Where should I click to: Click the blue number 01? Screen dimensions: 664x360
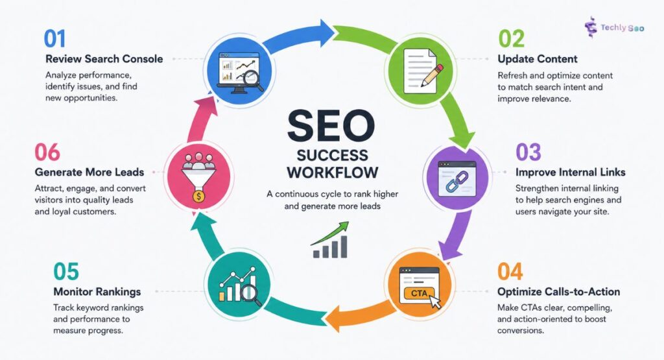[x=54, y=38]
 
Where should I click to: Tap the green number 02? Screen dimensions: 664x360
[x=511, y=38]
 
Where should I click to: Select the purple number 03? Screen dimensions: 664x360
[x=528, y=152]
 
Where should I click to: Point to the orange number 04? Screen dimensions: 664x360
[x=510, y=272]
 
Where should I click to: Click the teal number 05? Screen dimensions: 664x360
[x=66, y=272]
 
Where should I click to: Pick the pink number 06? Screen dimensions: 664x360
[x=47, y=152]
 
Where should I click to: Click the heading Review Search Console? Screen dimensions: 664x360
[x=104, y=59]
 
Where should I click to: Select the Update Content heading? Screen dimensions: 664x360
[x=538, y=59]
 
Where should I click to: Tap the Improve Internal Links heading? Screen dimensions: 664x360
[x=571, y=173]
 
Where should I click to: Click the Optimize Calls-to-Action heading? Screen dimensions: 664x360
[x=558, y=292]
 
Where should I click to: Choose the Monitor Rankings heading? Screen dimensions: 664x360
[x=97, y=292]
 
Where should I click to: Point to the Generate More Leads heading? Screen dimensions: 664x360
[x=89, y=173]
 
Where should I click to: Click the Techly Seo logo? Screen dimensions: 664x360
[x=615, y=27]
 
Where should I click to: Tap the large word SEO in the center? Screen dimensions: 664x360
[x=331, y=126]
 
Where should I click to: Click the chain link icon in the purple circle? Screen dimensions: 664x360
[x=456, y=181]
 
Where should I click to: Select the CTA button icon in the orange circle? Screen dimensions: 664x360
[x=420, y=293]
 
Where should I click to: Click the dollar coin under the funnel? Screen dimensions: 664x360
[x=198, y=196]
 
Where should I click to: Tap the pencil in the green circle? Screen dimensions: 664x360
[x=431, y=75]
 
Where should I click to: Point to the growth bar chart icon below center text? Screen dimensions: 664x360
[x=331, y=240]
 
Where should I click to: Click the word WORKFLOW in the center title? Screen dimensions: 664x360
[x=333, y=173]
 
